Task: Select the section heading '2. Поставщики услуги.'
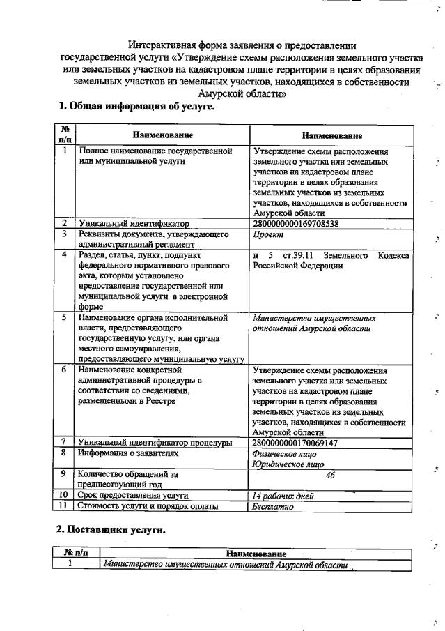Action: tap(111, 529)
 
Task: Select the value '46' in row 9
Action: tap(331, 475)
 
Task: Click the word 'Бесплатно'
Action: tap(273, 507)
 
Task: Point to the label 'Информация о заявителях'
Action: tap(128, 453)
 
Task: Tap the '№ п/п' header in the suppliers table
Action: tap(75, 554)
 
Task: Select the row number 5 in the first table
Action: tap(64, 318)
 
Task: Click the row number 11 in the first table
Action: tap(64, 507)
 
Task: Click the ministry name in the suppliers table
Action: tap(224, 565)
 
